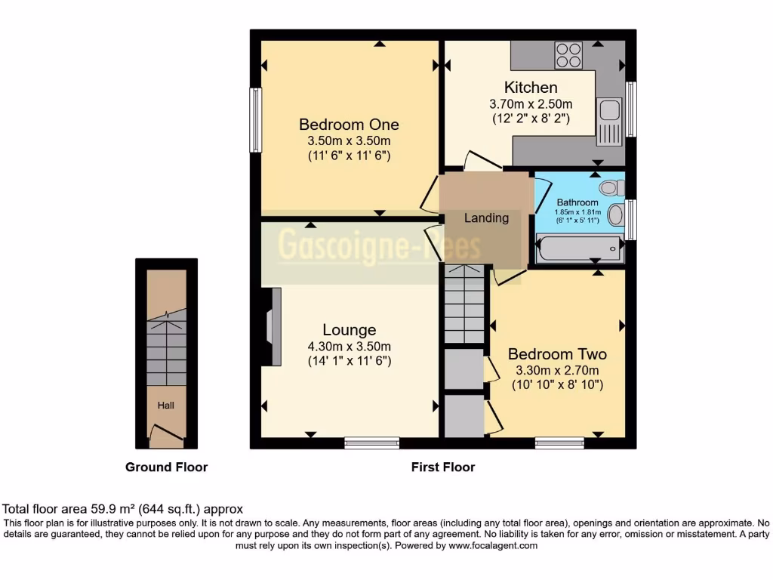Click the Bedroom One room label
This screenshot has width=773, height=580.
click(349, 125)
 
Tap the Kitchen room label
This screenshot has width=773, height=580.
click(531, 88)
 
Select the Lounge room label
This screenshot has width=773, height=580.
click(349, 329)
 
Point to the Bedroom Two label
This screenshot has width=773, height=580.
click(557, 353)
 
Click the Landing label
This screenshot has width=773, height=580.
click(486, 218)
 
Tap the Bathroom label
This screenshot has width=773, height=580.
click(577, 202)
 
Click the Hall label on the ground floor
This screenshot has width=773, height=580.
click(165, 406)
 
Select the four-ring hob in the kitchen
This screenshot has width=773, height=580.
click(568, 54)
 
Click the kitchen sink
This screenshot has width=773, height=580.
click(609, 122)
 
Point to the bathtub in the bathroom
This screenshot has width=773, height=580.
click(579, 248)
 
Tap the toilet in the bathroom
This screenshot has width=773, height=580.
click(611, 187)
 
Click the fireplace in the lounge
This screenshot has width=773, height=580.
click(272, 326)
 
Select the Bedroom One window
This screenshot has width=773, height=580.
click(255, 120)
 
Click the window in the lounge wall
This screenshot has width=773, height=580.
click(371, 443)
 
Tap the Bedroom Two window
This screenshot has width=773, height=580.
click(559, 443)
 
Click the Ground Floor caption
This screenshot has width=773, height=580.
click(167, 467)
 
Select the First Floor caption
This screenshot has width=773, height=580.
click(443, 467)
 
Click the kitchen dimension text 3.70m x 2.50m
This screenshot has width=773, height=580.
click(531, 104)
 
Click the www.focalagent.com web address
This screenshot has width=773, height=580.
click(492, 545)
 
